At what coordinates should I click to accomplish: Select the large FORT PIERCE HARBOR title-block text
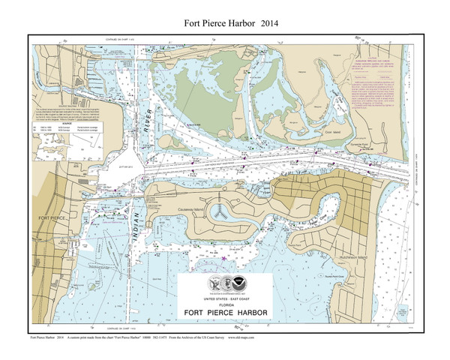click(x=226, y=313)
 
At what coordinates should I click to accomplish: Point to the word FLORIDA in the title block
click(x=226, y=304)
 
